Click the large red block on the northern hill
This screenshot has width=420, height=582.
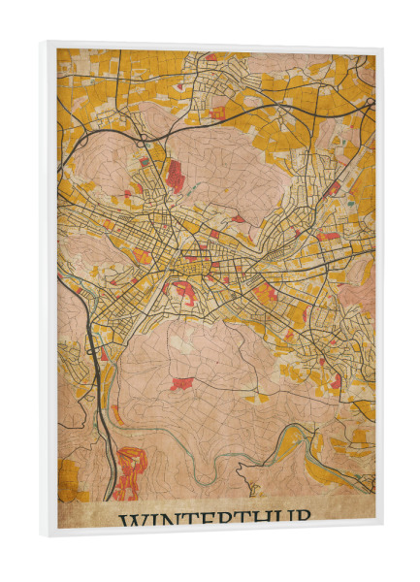175,175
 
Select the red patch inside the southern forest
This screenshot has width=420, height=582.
181,383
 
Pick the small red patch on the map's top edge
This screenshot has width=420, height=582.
211,57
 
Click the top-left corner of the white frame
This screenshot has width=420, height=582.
45,43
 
